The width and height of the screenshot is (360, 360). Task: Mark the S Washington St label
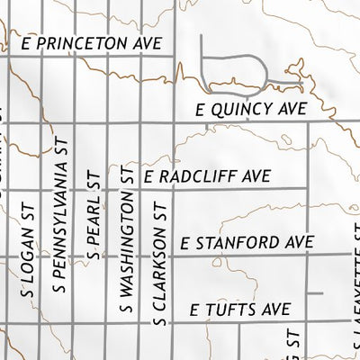(128, 244)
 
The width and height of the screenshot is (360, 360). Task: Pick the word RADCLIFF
(205, 178)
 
